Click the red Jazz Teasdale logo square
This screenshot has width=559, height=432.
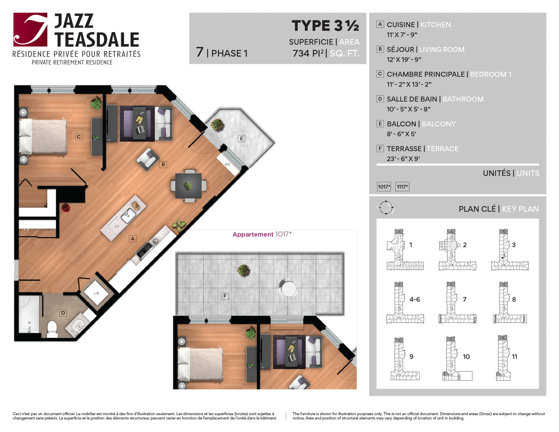(30, 29)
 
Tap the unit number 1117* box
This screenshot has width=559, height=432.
(403, 187)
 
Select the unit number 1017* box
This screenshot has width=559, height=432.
(384, 187)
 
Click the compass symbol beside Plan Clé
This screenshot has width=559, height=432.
(386, 208)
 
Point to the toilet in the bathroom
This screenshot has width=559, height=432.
(53, 329)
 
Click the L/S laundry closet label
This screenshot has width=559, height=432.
(96, 293)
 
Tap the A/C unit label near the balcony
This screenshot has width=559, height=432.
(228, 164)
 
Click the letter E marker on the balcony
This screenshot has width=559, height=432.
(241, 138)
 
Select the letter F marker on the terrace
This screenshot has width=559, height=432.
(225, 296)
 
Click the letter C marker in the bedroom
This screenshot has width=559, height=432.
(79, 137)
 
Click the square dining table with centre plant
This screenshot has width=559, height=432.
(188, 186)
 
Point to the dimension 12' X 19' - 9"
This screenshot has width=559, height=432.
(404, 60)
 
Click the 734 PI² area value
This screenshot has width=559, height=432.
(308, 53)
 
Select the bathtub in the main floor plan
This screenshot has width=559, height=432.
(29, 314)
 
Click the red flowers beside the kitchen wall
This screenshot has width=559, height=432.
(65, 208)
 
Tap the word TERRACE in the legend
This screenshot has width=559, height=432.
(443, 149)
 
